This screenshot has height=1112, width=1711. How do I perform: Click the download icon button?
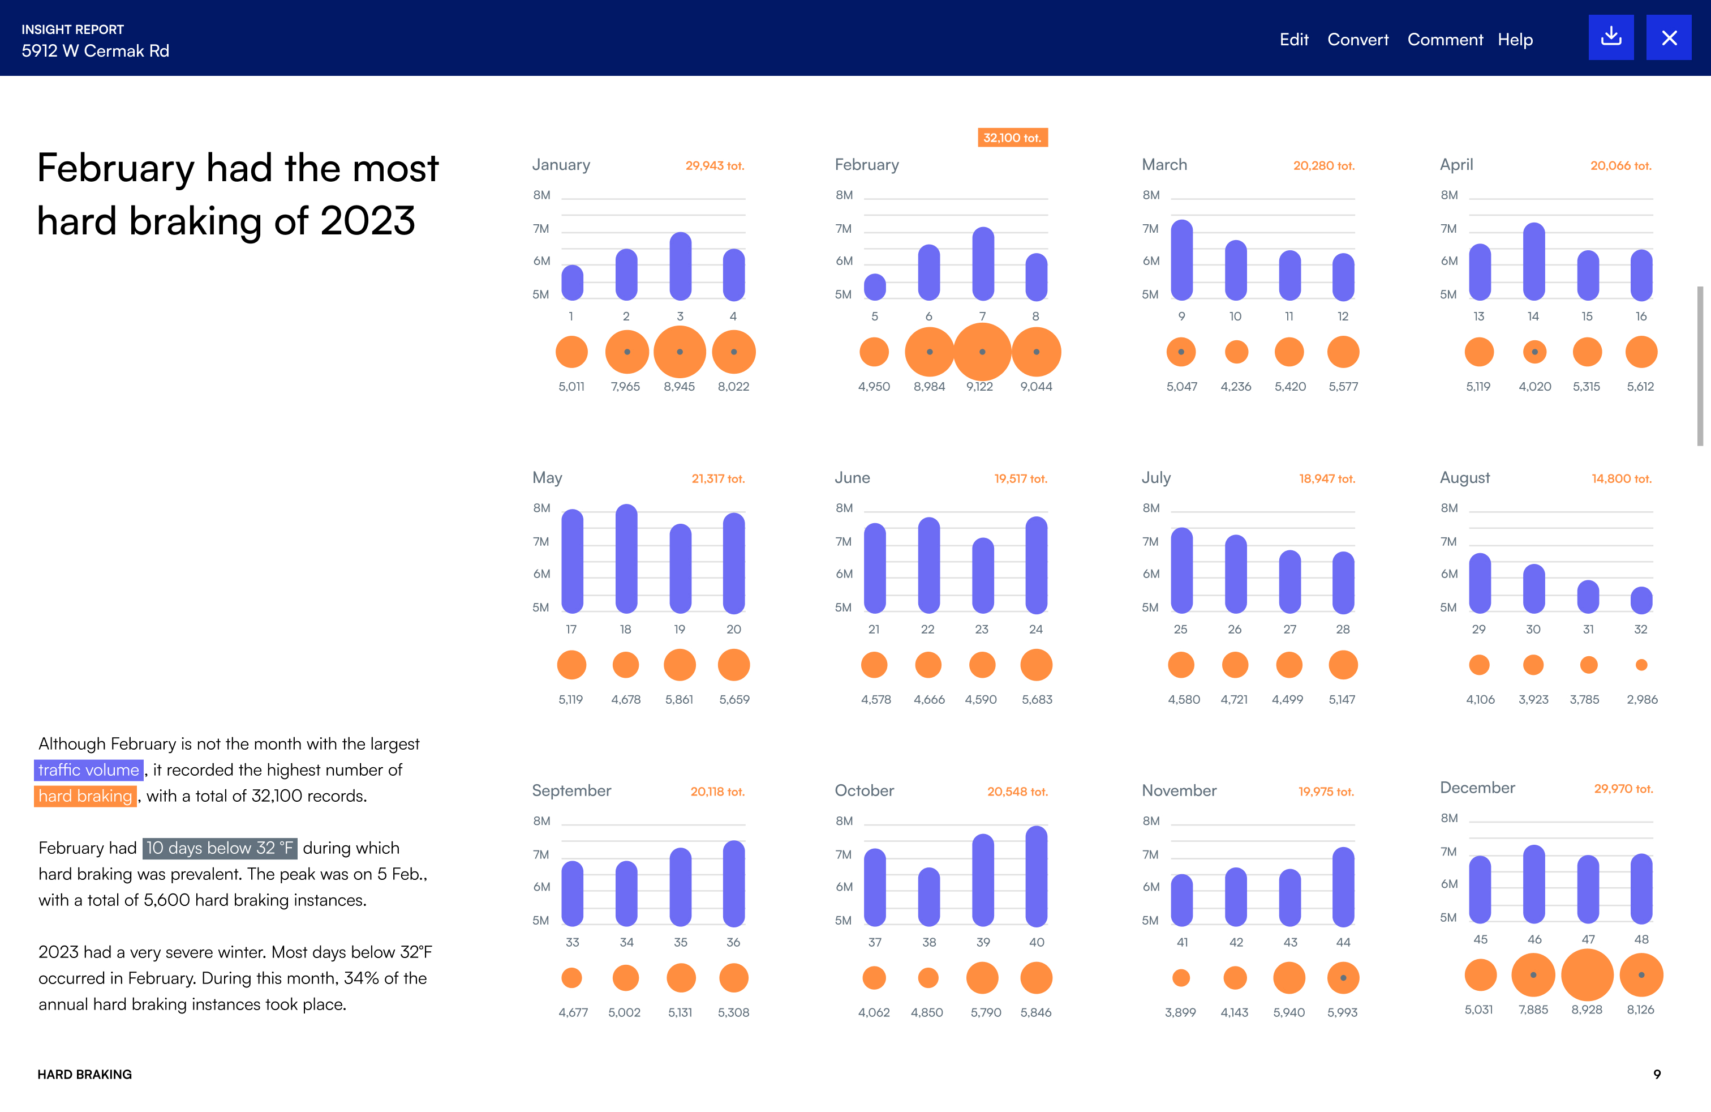pos(1610,37)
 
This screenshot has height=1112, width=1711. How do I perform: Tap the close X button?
pos(1669,37)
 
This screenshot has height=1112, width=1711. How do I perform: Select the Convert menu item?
pos(1357,40)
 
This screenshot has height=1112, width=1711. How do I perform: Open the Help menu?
pos(1515,40)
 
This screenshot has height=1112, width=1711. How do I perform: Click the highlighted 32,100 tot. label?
pos(1012,138)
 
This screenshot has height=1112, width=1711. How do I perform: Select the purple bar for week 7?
pos(983,263)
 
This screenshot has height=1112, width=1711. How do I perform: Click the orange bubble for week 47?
pos(1587,974)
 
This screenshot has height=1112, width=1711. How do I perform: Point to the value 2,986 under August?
pos(1642,699)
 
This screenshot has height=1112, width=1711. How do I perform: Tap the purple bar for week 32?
pos(1641,600)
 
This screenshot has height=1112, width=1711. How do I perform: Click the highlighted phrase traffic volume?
pos(88,769)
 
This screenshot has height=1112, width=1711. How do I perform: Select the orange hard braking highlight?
pos(85,796)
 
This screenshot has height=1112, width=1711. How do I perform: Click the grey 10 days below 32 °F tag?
pos(220,848)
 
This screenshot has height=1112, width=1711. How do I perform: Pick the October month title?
pos(864,790)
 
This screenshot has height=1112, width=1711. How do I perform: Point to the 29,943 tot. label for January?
pos(715,165)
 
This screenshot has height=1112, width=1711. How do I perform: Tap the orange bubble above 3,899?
pos(1181,977)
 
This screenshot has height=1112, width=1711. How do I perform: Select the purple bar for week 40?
pos(1036,876)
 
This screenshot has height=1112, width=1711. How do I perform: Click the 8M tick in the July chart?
pos(1151,508)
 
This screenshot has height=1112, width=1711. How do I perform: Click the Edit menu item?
pos(1293,40)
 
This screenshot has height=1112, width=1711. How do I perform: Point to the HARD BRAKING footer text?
pos(85,1074)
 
